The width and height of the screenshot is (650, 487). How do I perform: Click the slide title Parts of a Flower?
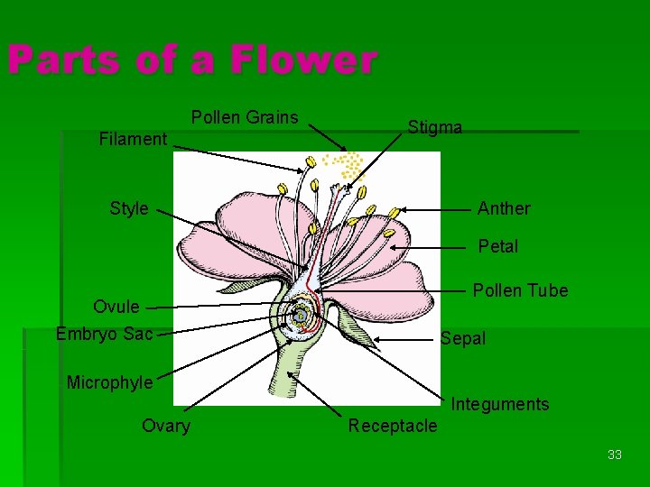coord(191,60)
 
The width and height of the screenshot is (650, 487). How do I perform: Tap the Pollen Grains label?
coord(245,117)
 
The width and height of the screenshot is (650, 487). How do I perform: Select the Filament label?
coord(133,139)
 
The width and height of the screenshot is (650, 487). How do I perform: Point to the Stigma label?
coord(434,127)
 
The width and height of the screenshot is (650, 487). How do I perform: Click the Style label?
coord(128,208)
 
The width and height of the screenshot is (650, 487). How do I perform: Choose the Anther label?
coord(504,208)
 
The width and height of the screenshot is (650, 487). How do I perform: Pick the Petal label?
coord(498,246)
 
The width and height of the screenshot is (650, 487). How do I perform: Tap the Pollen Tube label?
coord(520,290)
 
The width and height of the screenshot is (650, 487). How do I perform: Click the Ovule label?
coord(116,307)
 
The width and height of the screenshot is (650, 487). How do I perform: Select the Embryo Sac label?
coord(105,334)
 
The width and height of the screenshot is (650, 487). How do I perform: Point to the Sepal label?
coord(463,339)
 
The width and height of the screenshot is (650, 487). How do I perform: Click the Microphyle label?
coord(110,382)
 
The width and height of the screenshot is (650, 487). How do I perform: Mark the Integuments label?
coord(500,404)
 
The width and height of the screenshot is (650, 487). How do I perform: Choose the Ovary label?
coord(166,426)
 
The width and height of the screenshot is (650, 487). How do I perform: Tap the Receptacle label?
coord(393,426)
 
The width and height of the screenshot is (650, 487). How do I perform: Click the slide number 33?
coord(615,455)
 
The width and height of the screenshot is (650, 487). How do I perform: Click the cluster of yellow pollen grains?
coord(345,164)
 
